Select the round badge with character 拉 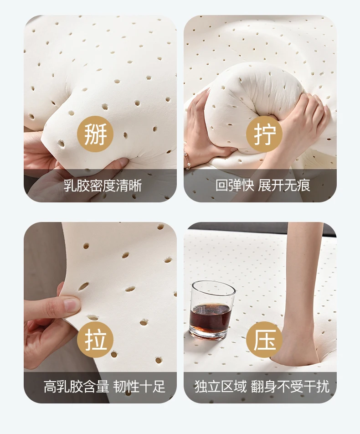pos(95,340)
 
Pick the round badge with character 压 pos(264,340)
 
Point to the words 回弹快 pos(235,186)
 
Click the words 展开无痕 pos(284,186)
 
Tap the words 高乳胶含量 pos(76,387)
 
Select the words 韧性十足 pos(139,387)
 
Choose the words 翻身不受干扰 pos(290,387)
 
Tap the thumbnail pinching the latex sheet pos(72,304)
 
